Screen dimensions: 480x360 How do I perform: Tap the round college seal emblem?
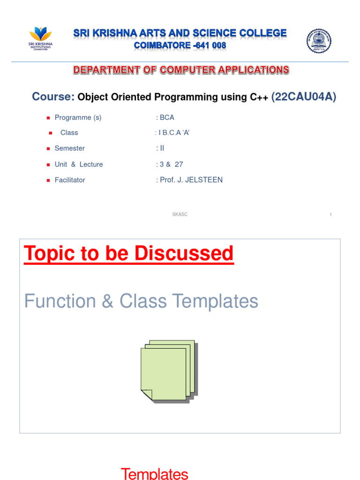pyautogui.click(x=319, y=41)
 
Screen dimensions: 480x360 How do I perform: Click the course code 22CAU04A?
pyautogui.click(x=303, y=97)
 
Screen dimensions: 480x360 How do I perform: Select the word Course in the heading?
pyautogui.click(x=53, y=97)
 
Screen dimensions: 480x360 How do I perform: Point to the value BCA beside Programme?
pyautogui.click(x=167, y=118)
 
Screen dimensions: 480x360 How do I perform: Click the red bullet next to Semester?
pyautogui.click(x=48, y=149)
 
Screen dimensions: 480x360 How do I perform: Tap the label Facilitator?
pyautogui.click(x=70, y=180)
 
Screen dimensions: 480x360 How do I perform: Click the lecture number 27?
pyautogui.click(x=179, y=165)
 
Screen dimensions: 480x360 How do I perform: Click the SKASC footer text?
pyautogui.click(x=180, y=214)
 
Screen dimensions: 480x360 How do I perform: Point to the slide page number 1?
pyautogui.click(x=330, y=215)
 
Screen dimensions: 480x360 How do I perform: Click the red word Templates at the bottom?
pyautogui.click(x=155, y=474)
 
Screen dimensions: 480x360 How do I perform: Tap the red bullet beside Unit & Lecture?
pyautogui.click(x=48, y=165)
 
